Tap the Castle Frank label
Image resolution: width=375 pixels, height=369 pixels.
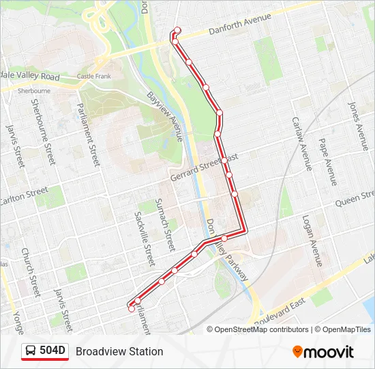coord(93,76)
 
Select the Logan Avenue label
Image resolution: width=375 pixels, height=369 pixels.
coord(312,241)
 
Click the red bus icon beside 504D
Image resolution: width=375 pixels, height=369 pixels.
coord(31,351)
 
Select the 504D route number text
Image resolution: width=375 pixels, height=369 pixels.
coord(52,351)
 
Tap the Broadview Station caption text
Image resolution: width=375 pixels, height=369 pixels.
coord(119,351)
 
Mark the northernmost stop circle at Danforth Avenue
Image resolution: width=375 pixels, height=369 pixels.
coord(177,30)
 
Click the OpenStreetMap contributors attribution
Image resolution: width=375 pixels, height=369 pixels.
coord(258,329)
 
